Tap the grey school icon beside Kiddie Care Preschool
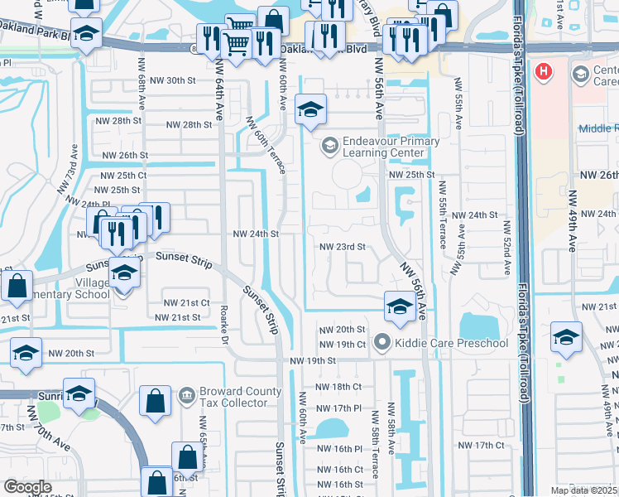tap(381, 342)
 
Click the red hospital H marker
tap(544, 72)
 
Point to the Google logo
tap(26, 487)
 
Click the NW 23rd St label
tap(343, 247)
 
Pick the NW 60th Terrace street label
tap(265, 144)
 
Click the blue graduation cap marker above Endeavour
tap(310, 110)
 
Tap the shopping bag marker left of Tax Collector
tap(155, 401)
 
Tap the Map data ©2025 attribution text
tap(583, 490)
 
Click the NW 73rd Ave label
tap(66, 170)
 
